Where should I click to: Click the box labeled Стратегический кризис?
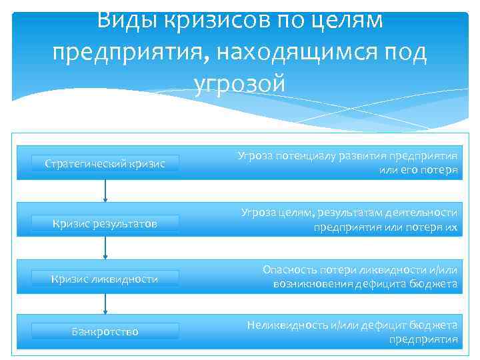click(x=105, y=163)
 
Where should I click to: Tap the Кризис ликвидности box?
click(x=105, y=279)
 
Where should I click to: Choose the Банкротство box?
click(x=105, y=331)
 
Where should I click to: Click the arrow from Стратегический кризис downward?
click(x=105, y=190)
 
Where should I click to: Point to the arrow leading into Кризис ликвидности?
click(x=105, y=247)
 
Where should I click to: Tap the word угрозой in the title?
click(x=240, y=83)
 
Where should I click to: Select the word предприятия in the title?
click(x=127, y=52)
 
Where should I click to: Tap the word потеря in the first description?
click(x=437, y=170)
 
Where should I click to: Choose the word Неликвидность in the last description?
click(x=287, y=325)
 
